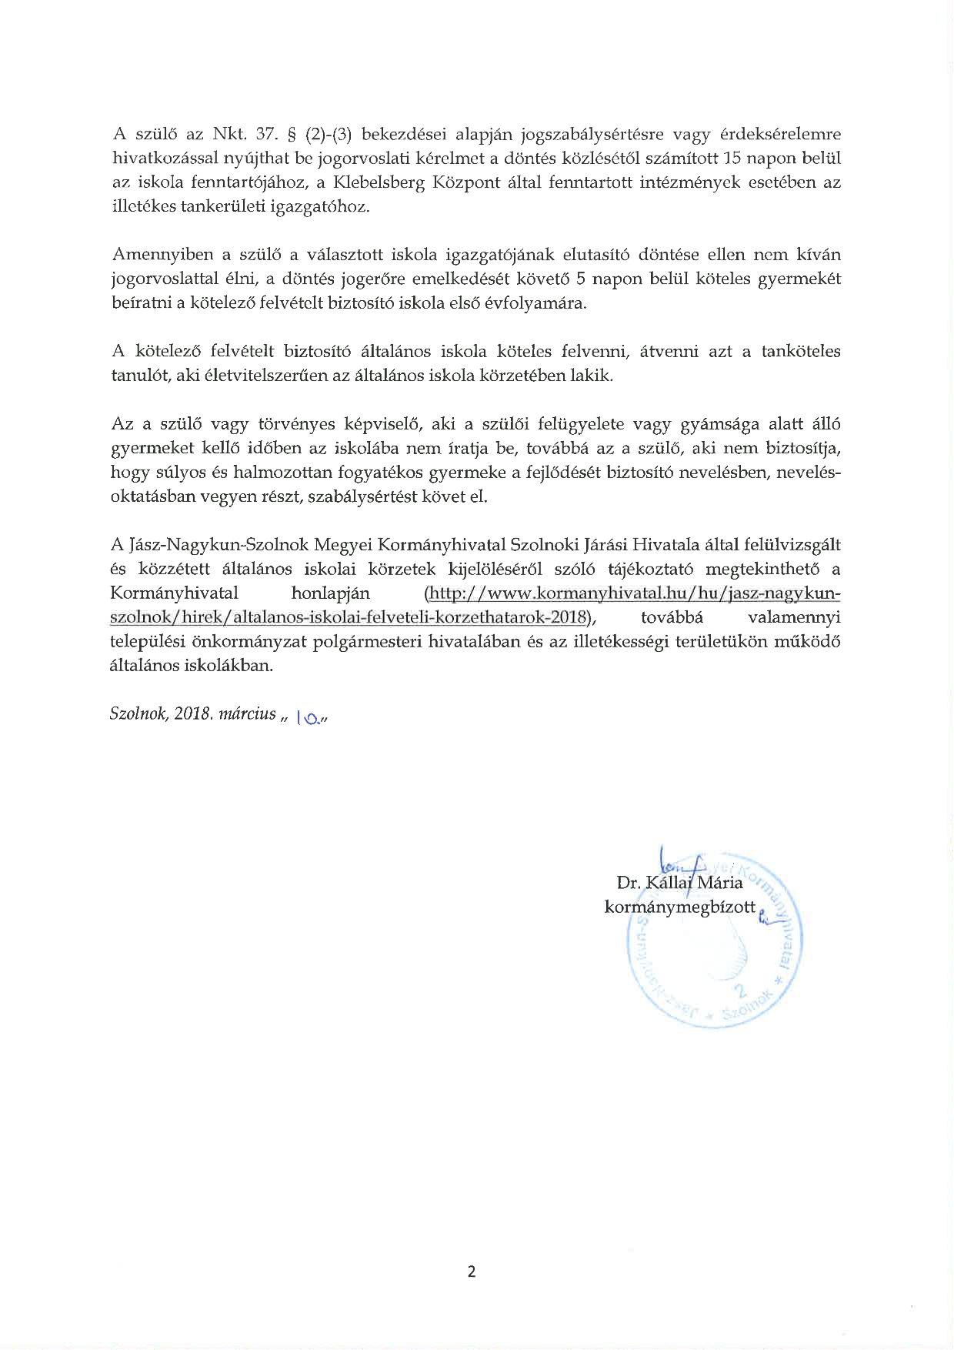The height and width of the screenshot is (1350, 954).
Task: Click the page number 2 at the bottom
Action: point(472,1271)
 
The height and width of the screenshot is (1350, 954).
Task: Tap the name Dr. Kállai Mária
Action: point(679,883)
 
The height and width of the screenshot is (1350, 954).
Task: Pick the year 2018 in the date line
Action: point(192,713)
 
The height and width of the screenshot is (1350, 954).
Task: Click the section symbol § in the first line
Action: point(291,134)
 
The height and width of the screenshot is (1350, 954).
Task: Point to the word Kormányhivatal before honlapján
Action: point(175,593)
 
